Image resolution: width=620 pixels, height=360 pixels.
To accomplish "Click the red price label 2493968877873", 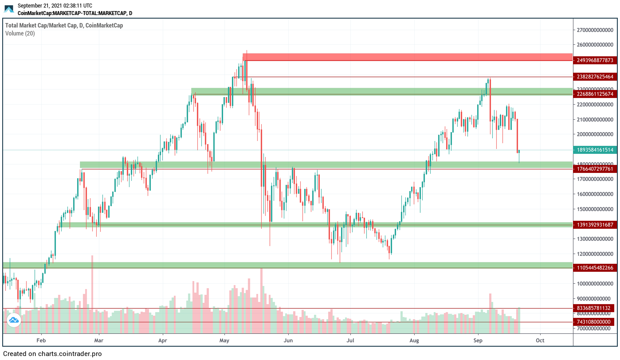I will pyautogui.click(x=595, y=60).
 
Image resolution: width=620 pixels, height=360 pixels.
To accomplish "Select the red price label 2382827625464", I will pyautogui.click(x=595, y=77).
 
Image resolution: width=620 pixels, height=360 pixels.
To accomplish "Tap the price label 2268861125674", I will pyautogui.click(x=595, y=94).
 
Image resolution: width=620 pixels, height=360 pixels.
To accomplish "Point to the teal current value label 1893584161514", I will pyautogui.click(x=595, y=150).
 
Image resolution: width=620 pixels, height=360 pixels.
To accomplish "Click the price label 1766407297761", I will pyautogui.click(x=595, y=169).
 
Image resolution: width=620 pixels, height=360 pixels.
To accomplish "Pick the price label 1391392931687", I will pyautogui.click(x=595, y=225).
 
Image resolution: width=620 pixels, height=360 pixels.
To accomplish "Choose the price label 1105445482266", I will pyautogui.click(x=595, y=268).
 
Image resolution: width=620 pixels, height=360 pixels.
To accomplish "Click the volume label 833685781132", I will pyautogui.click(x=595, y=308).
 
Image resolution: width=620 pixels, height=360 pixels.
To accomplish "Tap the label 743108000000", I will pyautogui.click(x=595, y=322).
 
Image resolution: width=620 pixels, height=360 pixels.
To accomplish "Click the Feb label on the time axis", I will pyautogui.click(x=41, y=340).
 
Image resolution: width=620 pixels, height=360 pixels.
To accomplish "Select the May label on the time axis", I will pyautogui.click(x=224, y=340).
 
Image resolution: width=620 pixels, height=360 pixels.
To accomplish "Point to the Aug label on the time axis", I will pyautogui.click(x=414, y=340).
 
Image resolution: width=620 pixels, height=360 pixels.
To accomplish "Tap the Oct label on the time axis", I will pyautogui.click(x=540, y=340).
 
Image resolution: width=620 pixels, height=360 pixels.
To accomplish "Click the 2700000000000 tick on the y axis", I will pyautogui.click(x=595, y=30).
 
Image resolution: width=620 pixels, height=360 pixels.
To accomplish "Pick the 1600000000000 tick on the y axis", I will pyautogui.click(x=595, y=194).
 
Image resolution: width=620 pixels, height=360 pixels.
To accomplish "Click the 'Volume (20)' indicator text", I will pyautogui.click(x=20, y=33).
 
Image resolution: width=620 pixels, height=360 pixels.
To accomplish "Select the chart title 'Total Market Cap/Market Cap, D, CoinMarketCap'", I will pyautogui.click(x=64, y=25).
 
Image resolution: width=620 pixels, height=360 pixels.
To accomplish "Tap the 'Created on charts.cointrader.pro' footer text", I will pyautogui.click(x=52, y=354).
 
